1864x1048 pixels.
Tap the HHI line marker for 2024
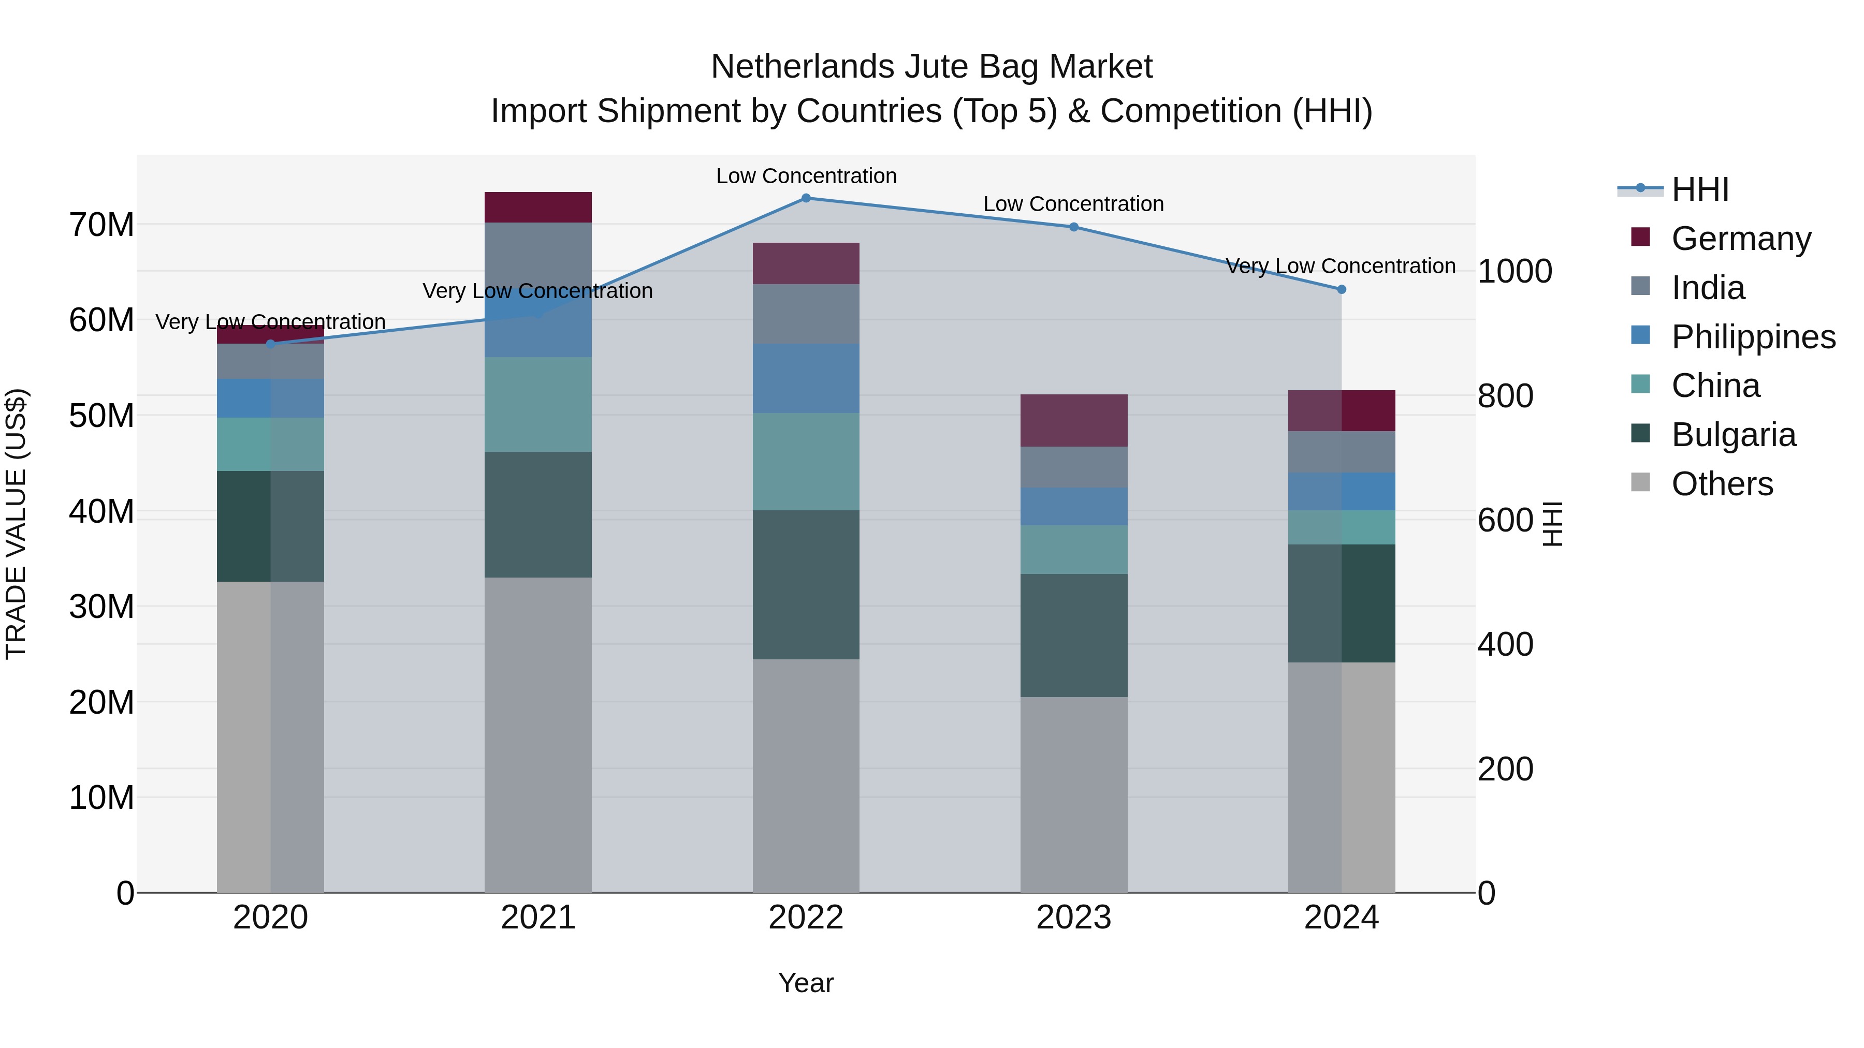(1341, 289)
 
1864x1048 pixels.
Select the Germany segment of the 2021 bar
(537, 208)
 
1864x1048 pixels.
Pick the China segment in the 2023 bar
(1073, 550)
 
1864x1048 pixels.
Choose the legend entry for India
(1708, 288)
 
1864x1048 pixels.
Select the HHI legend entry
(1700, 189)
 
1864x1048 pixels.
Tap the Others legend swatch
(1640, 482)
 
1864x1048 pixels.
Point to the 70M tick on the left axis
(101, 225)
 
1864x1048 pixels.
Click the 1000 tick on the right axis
(1514, 272)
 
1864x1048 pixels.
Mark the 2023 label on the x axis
(1073, 918)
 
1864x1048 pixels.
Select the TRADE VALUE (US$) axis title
(16, 524)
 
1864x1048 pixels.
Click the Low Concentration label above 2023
(1073, 204)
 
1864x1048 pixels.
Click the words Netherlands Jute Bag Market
(931, 67)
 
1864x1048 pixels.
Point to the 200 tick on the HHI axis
(1505, 769)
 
